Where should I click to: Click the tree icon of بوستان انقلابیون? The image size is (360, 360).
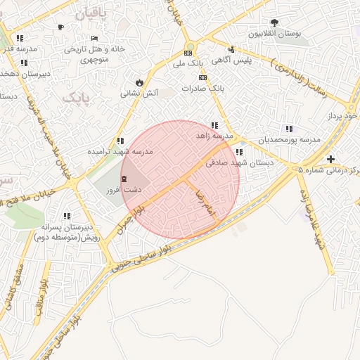tap(274, 22)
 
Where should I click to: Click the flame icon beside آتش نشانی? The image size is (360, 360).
tap(139, 82)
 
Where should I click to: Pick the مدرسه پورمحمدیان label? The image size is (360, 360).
tap(289, 140)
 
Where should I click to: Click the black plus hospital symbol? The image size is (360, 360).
tap(330, 159)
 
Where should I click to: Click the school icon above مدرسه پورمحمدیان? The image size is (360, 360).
tap(288, 129)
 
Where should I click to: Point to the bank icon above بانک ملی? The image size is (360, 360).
tap(188, 53)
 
